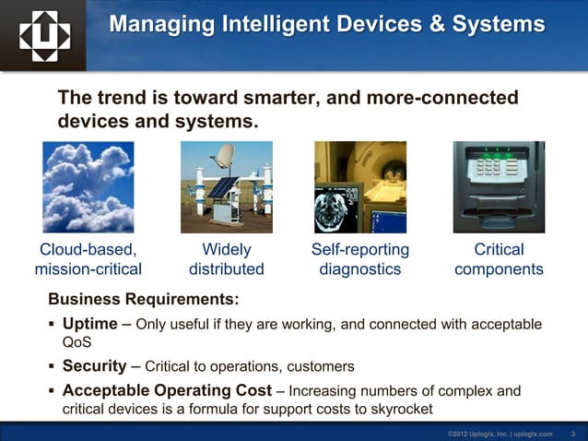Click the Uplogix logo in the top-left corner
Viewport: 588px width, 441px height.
pos(43,34)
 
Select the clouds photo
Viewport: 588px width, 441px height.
pos(88,187)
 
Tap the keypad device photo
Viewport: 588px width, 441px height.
pos(499,187)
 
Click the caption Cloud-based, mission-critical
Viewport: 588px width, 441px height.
pos(88,259)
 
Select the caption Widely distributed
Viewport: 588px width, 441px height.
pos(226,259)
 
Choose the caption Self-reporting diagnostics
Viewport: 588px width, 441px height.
pos(360,259)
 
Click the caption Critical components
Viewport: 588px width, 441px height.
pos(499,259)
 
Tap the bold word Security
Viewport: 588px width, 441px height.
pos(93,366)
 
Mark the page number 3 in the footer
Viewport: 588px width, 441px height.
pos(573,433)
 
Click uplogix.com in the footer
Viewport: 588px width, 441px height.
pos(532,433)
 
